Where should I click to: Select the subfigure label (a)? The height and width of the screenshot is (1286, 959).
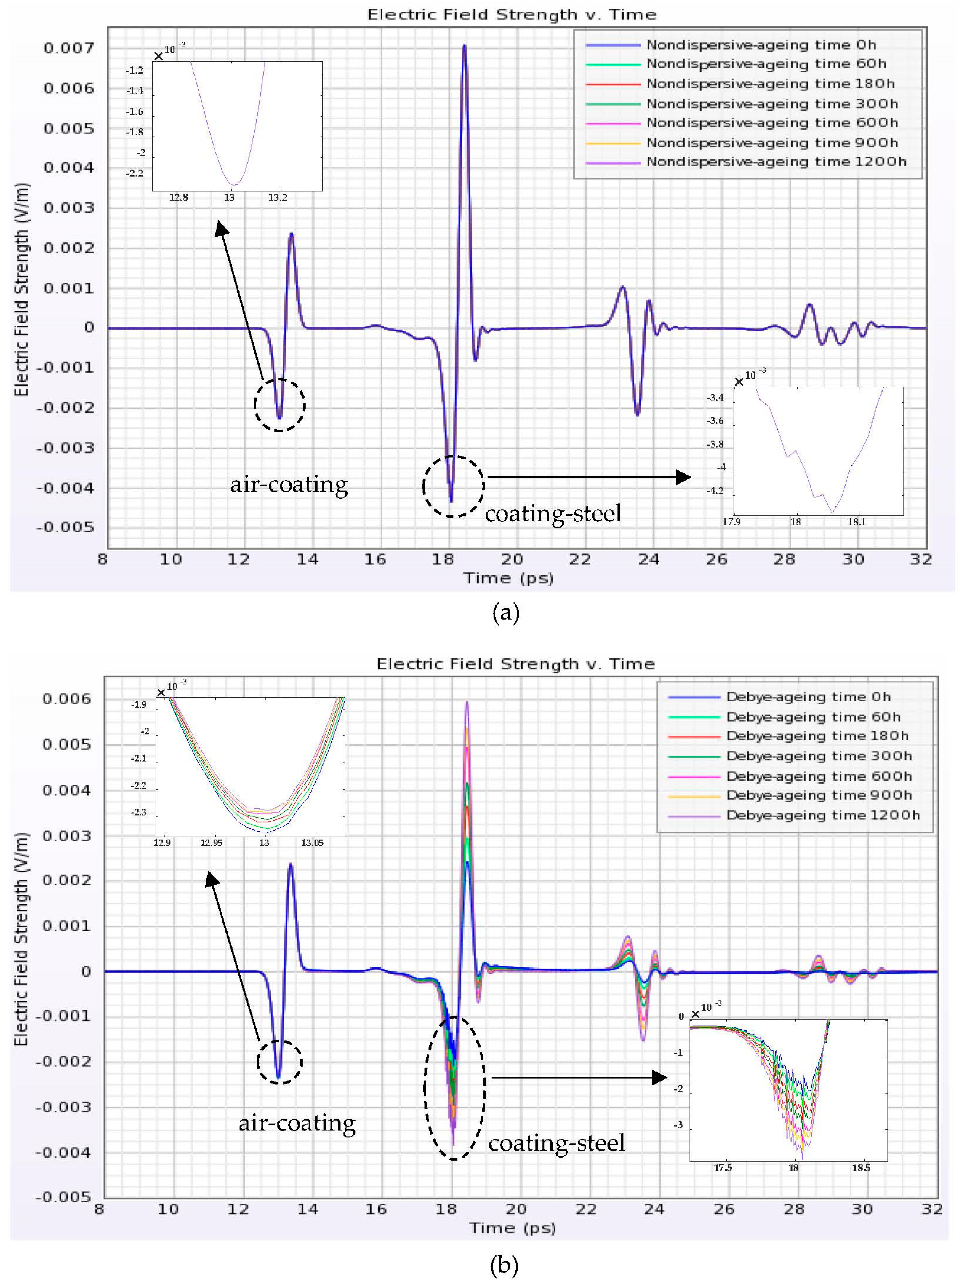505,613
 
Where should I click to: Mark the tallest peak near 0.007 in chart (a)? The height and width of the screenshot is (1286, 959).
464,47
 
